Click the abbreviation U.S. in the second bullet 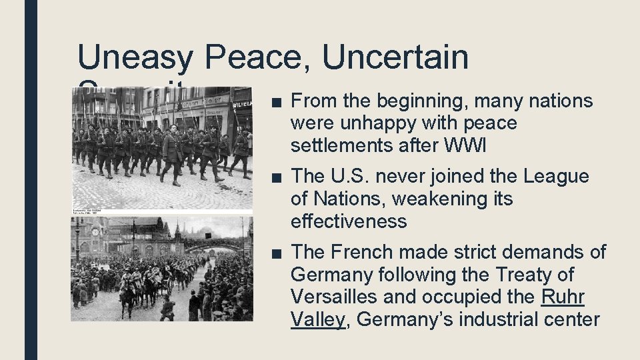[349, 177]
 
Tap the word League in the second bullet [557, 177]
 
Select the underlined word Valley [318, 319]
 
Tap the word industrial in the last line [497, 319]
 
